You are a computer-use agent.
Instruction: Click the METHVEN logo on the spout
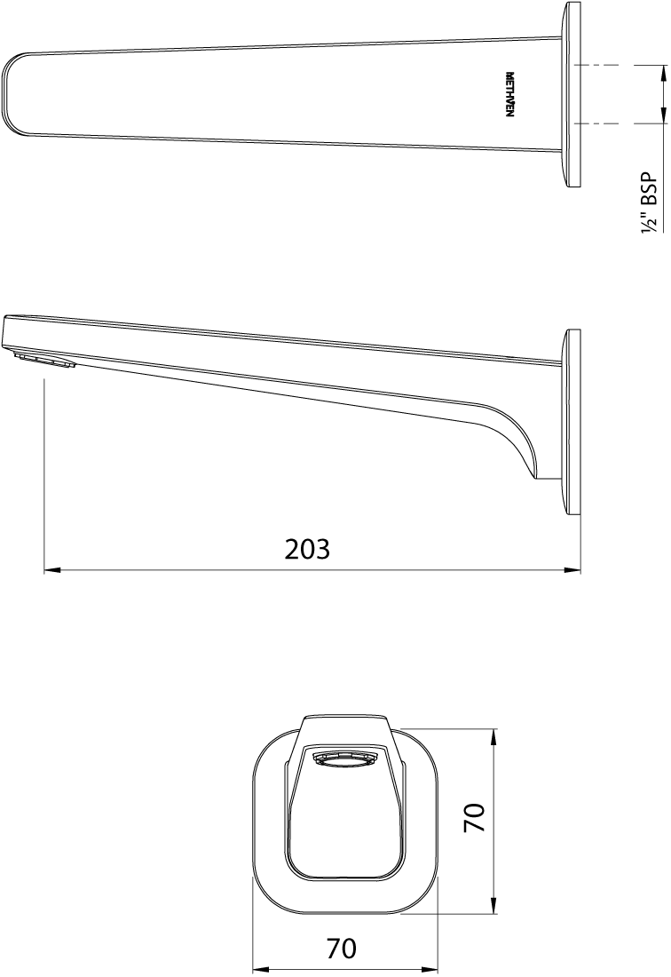(x=509, y=97)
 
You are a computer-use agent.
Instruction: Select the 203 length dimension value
(x=307, y=550)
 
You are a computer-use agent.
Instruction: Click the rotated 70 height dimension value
(x=475, y=817)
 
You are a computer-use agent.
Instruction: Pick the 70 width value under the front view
(x=341, y=949)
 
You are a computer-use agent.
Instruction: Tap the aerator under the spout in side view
(x=44, y=360)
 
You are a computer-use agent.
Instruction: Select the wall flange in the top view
(x=572, y=94)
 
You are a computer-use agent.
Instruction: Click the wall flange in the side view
(x=572, y=422)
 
